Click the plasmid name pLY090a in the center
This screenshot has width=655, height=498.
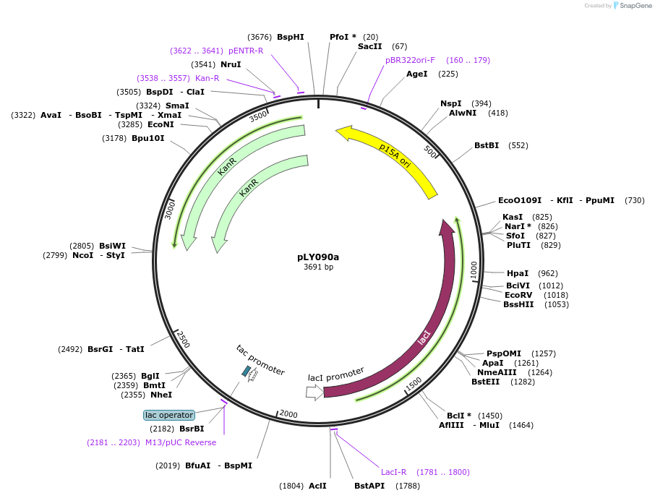[318, 257]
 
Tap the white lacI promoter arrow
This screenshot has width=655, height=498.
[315, 392]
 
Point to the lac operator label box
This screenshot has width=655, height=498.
[169, 415]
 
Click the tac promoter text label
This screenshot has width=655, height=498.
[260, 359]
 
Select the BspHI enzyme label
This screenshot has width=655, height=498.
[291, 37]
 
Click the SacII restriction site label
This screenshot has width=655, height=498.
[370, 46]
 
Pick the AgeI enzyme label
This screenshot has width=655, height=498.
[417, 74]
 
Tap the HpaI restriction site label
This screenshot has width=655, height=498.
[518, 273]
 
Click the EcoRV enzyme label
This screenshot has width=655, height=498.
[518, 295]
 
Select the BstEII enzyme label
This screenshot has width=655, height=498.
[485, 382]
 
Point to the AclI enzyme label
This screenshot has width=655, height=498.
[317, 486]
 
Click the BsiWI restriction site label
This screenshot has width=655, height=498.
[112, 246]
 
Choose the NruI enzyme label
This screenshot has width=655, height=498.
[231, 64]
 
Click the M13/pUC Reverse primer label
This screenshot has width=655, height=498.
[181, 442]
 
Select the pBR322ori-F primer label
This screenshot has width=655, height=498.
[410, 60]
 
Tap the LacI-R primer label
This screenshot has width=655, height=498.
[394, 472]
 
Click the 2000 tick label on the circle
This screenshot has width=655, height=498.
[288, 414]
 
